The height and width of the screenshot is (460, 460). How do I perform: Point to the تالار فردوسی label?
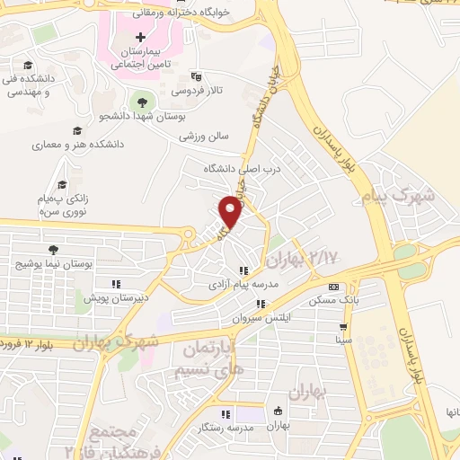(197, 91)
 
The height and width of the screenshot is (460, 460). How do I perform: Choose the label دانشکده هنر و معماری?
(70, 144)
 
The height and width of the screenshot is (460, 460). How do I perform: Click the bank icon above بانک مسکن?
(333, 287)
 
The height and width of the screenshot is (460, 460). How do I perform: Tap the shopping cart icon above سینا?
(342, 327)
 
